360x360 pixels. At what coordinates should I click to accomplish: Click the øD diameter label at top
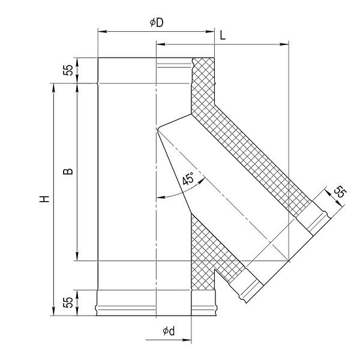click(157, 23)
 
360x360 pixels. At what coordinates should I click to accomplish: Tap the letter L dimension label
click(223, 35)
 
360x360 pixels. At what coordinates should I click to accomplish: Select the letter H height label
click(44, 199)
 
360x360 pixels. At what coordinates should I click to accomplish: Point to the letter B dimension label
click(68, 171)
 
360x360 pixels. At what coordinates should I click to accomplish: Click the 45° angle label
click(188, 179)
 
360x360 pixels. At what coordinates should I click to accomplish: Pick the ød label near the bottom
click(169, 331)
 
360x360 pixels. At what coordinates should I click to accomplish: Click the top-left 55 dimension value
click(68, 70)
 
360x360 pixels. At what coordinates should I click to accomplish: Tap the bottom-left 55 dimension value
click(68, 302)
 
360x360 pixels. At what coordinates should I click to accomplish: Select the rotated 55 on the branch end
click(340, 192)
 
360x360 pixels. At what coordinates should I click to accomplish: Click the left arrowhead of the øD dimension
click(102, 31)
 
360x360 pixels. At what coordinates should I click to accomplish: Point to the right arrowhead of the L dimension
click(284, 44)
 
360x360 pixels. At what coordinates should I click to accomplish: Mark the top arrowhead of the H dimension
click(54, 88)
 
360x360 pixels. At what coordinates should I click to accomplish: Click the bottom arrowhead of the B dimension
click(77, 256)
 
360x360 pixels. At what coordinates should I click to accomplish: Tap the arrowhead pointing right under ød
click(187, 340)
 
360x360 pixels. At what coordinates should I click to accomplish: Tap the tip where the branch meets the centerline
click(157, 129)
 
